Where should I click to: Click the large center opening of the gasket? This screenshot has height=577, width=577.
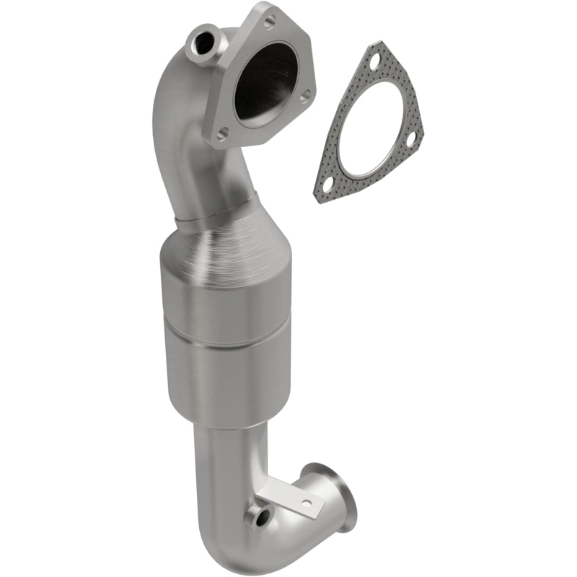tap(371, 130)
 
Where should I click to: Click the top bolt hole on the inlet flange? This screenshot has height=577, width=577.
tap(269, 22)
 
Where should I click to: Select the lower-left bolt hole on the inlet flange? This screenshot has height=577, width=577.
tap(223, 133)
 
